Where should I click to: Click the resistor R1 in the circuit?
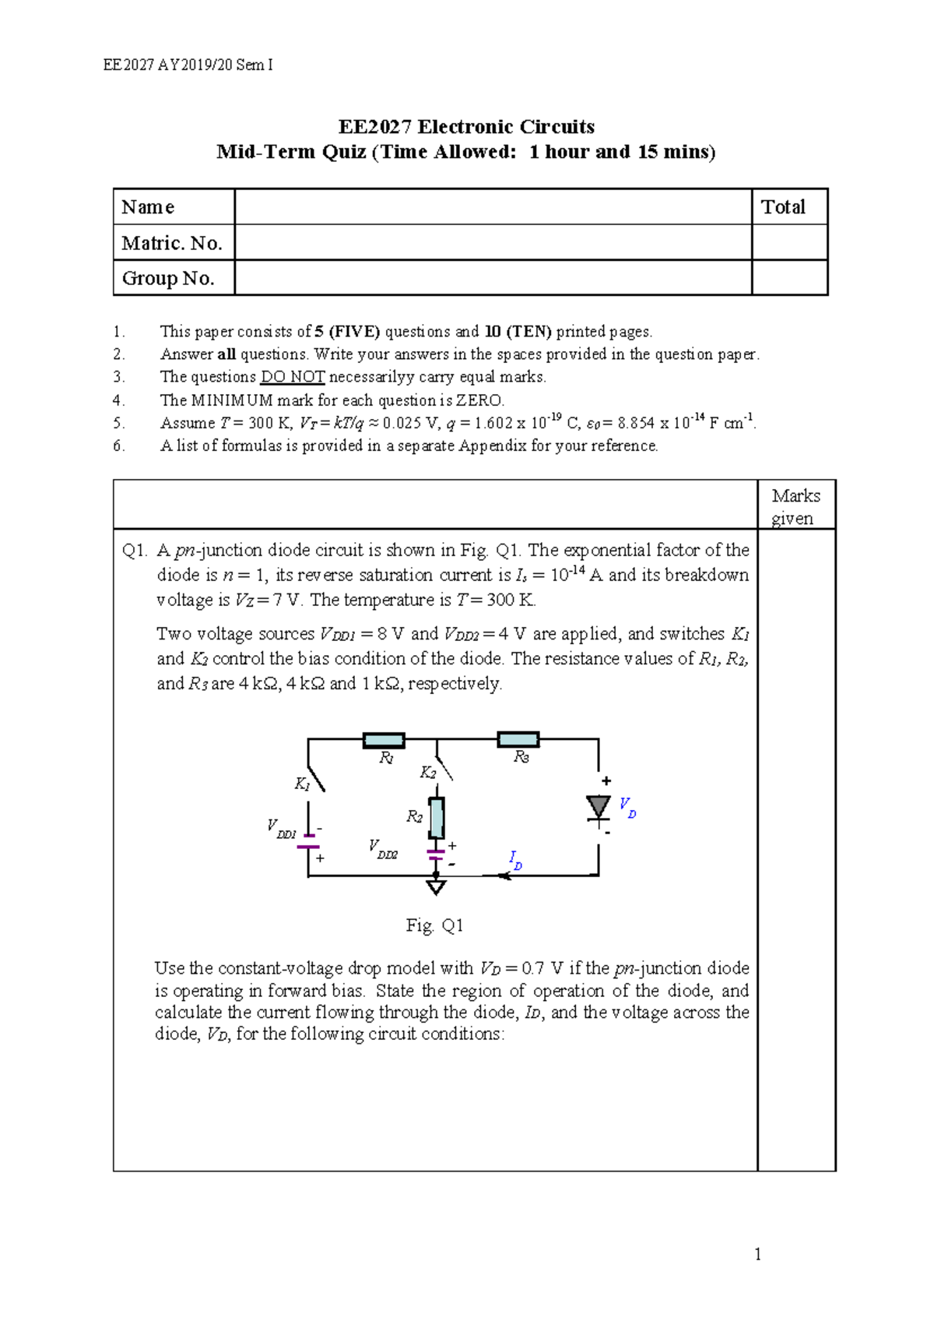pyautogui.click(x=384, y=740)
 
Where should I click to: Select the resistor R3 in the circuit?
pyautogui.click(x=518, y=739)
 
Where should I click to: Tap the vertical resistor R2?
pyautogui.click(x=437, y=817)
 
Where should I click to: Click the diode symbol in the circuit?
pyautogui.click(x=599, y=808)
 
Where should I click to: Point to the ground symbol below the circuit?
pyautogui.click(x=436, y=886)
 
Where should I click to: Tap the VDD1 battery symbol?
pyautogui.click(x=309, y=841)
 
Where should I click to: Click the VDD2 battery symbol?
pyautogui.click(x=436, y=854)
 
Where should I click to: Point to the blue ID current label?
pyautogui.click(x=515, y=860)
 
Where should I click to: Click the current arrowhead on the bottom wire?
pyautogui.click(x=504, y=876)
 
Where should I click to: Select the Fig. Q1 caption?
pyautogui.click(x=434, y=925)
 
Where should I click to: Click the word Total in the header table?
pyautogui.click(x=783, y=207)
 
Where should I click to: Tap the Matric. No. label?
pyautogui.click(x=172, y=243)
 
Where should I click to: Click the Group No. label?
pyautogui.click(x=168, y=278)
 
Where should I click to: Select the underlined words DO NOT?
pyautogui.click(x=292, y=377)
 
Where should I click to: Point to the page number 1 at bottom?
pyautogui.click(x=758, y=1254)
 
